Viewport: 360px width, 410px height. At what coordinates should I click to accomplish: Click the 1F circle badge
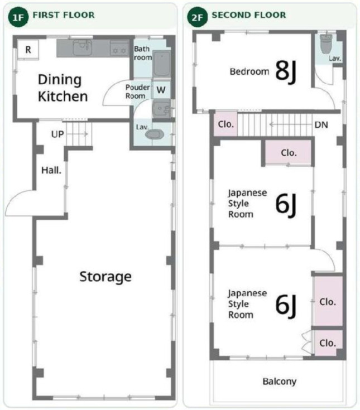tap(18, 17)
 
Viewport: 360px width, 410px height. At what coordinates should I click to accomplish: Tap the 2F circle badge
tap(197, 17)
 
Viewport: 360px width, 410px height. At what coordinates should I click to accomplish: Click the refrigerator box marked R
tap(28, 50)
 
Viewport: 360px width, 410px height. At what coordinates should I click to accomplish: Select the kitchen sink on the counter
tap(82, 47)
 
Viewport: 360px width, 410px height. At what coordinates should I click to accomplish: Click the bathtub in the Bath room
tap(161, 64)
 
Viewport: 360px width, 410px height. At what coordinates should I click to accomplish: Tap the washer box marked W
tap(161, 90)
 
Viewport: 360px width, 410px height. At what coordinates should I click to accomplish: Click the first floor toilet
tap(155, 134)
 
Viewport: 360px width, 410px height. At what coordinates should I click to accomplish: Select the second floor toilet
tap(326, 44)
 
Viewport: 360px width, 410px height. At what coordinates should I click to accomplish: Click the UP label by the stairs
tap(57, 134)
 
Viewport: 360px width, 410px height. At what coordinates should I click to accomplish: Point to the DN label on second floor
tap(321, 125)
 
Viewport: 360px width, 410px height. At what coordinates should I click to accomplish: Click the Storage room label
tap(105, 277)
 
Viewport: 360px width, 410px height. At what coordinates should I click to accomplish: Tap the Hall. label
tap(51, 171)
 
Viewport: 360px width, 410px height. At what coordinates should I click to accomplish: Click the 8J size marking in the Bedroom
tap(286, 71)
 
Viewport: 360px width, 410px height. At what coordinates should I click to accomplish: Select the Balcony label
tap(280, 382)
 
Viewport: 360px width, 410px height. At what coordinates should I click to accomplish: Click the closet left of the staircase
tap(226, 124)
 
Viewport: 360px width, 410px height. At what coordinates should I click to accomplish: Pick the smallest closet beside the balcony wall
tap(328, 343)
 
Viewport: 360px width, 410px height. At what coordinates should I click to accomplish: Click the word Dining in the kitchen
tap(60, 80)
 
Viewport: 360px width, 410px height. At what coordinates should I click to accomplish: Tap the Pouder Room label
tap(138, 91)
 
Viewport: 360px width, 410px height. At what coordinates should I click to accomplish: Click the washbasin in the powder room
tap(161, 109)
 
